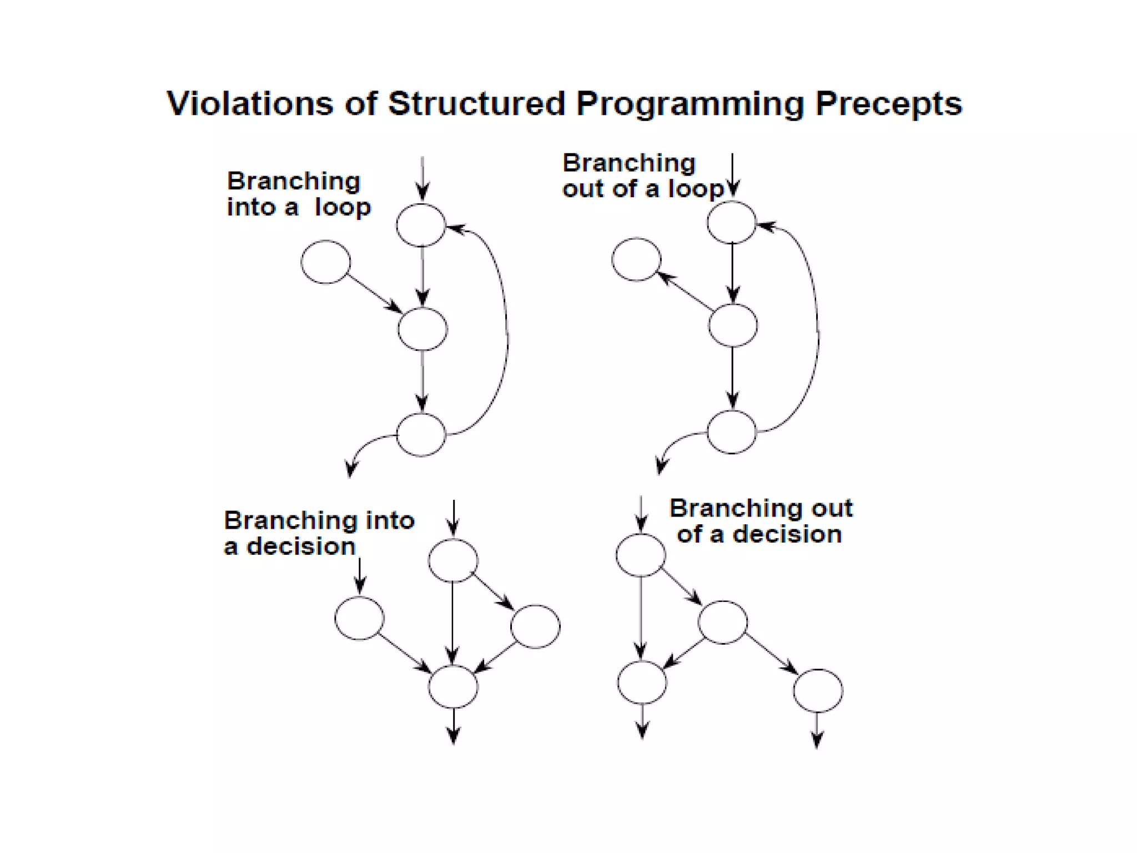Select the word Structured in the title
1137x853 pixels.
pos(476,104)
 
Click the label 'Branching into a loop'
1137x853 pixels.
pos(298,194)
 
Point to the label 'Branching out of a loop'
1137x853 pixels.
pos(643,175)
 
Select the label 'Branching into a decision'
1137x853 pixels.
pos(318,533)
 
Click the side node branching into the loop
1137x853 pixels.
pos(326,262)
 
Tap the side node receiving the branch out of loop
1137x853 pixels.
pos(636,259)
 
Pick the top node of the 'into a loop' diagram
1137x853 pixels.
pos(421,225)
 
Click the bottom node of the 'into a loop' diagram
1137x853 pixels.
pos(421,434)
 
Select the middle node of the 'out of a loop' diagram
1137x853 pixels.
pos(732,325)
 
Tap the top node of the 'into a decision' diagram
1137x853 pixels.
pos(453,560)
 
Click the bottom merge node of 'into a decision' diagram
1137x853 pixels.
pos(453,686)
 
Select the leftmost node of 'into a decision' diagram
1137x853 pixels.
pos(359,618)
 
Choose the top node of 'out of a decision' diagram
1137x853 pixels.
pos(641,555)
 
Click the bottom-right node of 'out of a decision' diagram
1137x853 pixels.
pos(818,691)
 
